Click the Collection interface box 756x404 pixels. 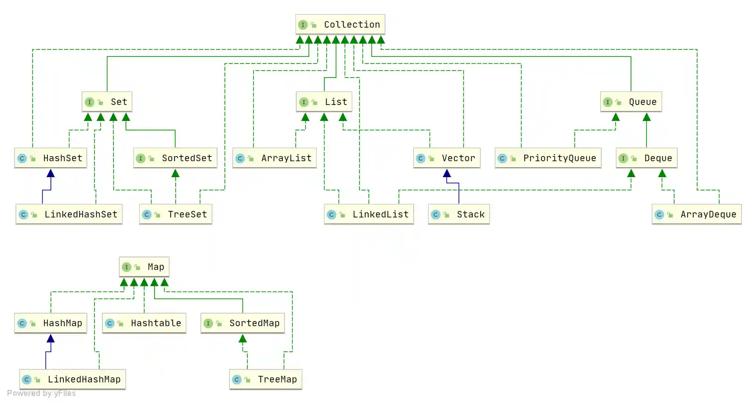click(x=340, y=24)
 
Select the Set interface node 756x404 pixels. click(x=107, y=102)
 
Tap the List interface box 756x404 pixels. click(x=324, y=102)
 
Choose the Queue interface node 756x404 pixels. click(x=631, y=102)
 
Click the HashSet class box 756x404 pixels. click(x=51, y=158)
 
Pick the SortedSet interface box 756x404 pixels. click(x=175, y=158)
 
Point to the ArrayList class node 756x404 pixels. click(x=274, y=158)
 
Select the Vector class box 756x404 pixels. click(x=446, y=158)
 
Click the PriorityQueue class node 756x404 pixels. click(x=548, y=158)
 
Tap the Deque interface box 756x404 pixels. click(x=646, y=158)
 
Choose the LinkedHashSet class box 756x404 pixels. click(x=69, y=214)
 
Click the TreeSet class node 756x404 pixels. click(x=175, y=214)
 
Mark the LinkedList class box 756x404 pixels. click(x=369, y=214)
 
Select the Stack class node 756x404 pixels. click(x=459, y=214)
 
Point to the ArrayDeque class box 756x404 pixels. click(x=696, y=214)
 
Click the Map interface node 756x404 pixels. click(x=144, y=267)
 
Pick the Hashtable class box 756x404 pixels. click(x=144, y=323)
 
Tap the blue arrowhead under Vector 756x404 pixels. click(x=447, y=173)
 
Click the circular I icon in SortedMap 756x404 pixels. click(x=208, y=323)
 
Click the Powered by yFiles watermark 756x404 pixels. click(x=41, y=393)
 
